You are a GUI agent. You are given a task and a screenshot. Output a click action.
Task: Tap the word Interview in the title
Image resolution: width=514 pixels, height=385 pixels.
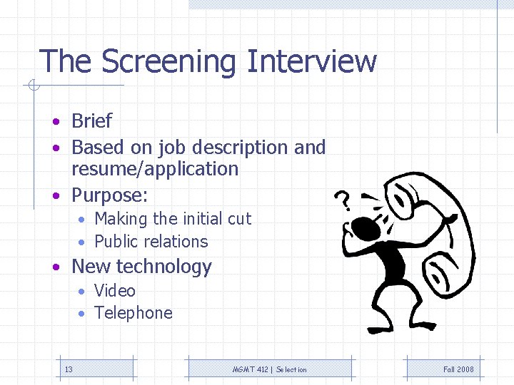[x=311, y=61]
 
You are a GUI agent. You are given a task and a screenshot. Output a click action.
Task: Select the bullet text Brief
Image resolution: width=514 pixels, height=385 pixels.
[x=91, y=121]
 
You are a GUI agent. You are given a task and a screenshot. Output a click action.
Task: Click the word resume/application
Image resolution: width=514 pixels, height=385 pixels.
[x=155, y=169]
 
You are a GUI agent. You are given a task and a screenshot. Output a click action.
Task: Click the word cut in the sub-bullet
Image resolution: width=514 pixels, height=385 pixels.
[x=239, y=219]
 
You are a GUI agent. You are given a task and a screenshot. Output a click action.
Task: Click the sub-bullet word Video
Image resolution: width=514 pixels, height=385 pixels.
[x=115, y=291]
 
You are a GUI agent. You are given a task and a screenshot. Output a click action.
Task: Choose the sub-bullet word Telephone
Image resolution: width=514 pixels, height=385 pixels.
[x=133, y=313]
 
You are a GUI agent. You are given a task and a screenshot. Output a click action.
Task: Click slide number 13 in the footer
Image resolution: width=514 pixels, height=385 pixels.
[x=69, y=369]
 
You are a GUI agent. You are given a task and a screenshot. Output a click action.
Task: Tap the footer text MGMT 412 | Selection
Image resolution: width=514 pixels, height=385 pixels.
[x=270, y=369]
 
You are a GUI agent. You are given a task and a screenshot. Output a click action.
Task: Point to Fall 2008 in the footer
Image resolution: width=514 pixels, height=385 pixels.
[x=458, y=369]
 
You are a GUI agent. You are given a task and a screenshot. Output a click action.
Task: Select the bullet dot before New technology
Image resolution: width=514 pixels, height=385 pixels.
[x=55, y=267]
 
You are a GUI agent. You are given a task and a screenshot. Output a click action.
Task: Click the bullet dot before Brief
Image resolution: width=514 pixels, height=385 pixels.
[x=55, y=122]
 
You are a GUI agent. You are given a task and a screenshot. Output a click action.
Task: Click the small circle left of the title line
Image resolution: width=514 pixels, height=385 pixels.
[x=33, y=87]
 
